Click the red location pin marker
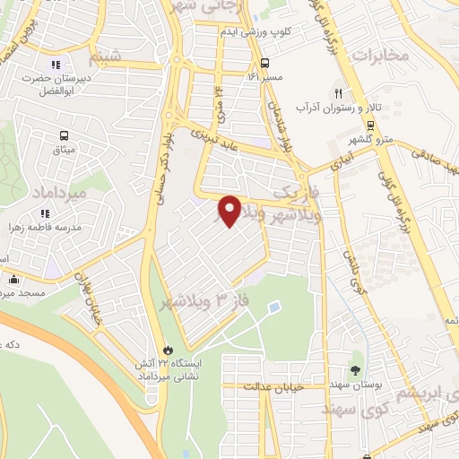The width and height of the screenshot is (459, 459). click(x=229, y=210)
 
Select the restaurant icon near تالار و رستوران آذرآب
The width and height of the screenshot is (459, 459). click(x=339, y=92)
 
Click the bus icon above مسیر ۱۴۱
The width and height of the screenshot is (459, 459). click(x=264, y=63)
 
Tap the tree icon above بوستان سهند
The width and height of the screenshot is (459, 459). click(x=357, y=369)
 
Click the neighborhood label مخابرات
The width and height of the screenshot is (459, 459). click(x=379, y=56)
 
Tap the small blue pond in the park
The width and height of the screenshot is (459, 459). click(x=273, y=307)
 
